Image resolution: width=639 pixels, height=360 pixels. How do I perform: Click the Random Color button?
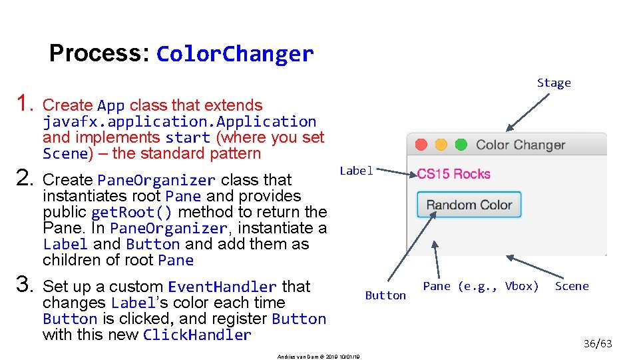(469, 205)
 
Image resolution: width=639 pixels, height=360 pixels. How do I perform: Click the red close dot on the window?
(421, 145)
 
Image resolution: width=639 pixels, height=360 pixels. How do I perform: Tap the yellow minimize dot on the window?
(441, 145)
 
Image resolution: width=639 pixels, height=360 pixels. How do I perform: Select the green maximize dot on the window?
(461, 145)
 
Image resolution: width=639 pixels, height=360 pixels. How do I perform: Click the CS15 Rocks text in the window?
(453, 174)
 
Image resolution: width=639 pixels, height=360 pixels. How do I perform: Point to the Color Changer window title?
(521, 145)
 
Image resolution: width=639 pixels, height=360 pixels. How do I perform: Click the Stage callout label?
(554, 83)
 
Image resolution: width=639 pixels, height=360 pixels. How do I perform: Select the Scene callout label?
(572, 286)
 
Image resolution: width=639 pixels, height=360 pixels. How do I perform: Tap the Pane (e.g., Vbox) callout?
(481, 286)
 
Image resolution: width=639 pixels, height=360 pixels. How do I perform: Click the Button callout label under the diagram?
(385, 295)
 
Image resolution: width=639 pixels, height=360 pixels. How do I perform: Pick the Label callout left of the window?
(356, 171)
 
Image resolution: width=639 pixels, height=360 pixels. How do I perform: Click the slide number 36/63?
(597, 344)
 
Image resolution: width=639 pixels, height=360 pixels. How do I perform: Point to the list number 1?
(25, 104)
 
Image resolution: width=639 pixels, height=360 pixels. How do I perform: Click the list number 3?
(25, 286)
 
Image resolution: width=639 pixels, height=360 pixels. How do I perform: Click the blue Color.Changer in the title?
(235, 54)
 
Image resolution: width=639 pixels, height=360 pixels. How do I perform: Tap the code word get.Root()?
(131, 213)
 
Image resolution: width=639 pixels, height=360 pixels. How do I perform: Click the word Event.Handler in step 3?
(222, 287)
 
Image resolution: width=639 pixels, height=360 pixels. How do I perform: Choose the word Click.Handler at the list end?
(197, 335)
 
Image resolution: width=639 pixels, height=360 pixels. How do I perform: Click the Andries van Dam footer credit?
(319, 357)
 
